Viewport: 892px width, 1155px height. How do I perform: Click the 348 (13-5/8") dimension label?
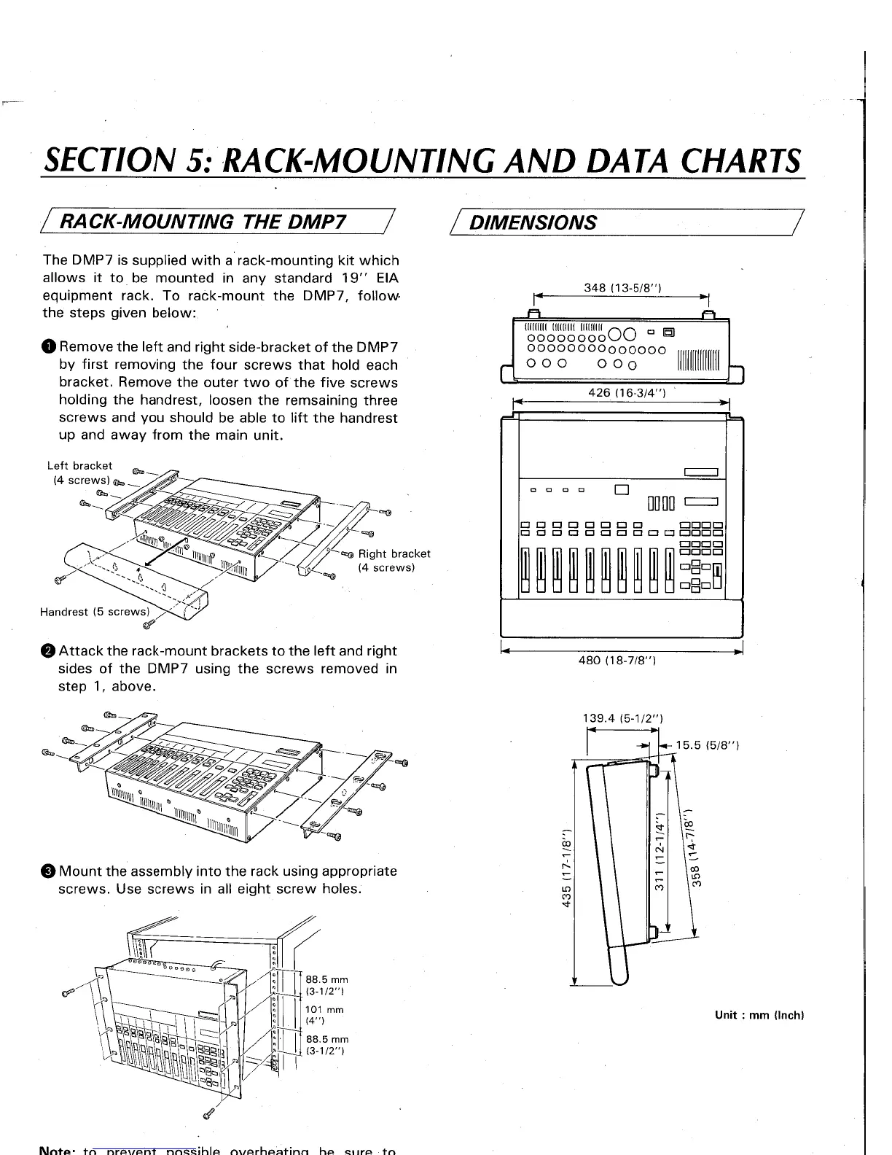click(x=622, y=287)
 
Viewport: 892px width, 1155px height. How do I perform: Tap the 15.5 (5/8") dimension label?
click(x=708, y=745)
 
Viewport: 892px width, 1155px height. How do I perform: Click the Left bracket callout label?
click(x=79, y=465)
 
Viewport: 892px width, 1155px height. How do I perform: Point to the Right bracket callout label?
click(x=394, y=553)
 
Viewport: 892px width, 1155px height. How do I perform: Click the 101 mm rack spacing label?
click(x=324, y=1010)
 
